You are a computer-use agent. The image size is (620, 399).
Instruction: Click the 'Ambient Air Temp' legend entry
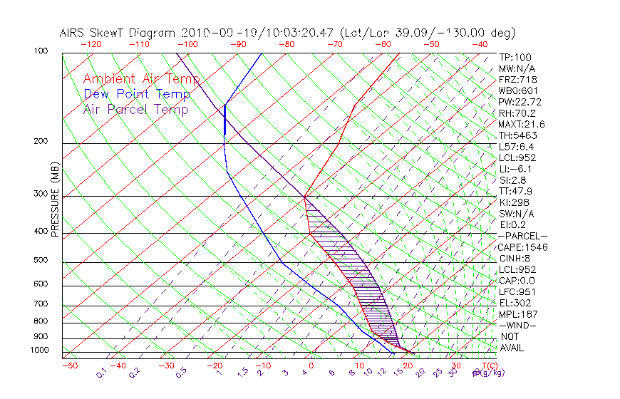[x=141, y=79]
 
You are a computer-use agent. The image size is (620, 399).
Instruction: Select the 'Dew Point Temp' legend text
[x=137, y=94]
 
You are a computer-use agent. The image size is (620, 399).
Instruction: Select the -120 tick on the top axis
[x=91, y=44]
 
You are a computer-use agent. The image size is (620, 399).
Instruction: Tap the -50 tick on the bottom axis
[x=69, y=366]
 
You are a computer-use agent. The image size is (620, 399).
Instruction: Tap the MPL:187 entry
[x=517, y=314]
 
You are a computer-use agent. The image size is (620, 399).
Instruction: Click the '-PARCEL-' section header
[x=523, y=236]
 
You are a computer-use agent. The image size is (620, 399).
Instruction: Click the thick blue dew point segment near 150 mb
[x=224, y=120]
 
